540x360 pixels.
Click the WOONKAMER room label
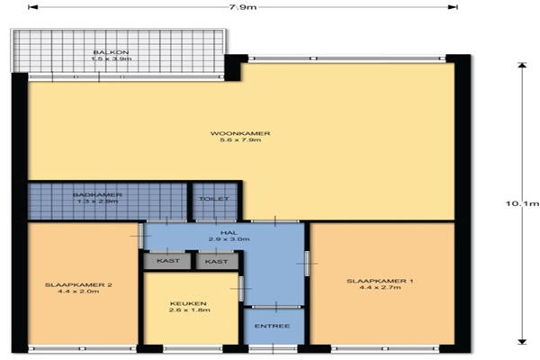click(240, 133)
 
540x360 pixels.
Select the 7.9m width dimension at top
click(243, 7)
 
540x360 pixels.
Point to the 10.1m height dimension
click(522, 203)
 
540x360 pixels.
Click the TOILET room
click(215, 202)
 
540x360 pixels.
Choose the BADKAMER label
click(97, 195)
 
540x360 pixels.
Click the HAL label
click(229, 233)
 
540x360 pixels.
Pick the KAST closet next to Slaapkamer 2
click(167, 261)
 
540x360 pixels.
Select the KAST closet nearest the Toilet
click(217, 262)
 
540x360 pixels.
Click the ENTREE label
click(272, 326)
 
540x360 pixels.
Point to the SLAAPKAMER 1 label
click(380, 281)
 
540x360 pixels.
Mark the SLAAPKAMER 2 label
click(78, 285)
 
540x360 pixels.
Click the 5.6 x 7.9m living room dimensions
click(240, 139)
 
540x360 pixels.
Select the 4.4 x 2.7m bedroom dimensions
click(380, 287)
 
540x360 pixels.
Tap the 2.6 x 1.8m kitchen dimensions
click(189, 310)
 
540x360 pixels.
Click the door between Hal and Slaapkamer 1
click(307, 264)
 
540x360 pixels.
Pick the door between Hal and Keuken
click(241, 288)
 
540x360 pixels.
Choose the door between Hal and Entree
click(275, 307)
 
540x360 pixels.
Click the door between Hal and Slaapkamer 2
click(140, 236)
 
